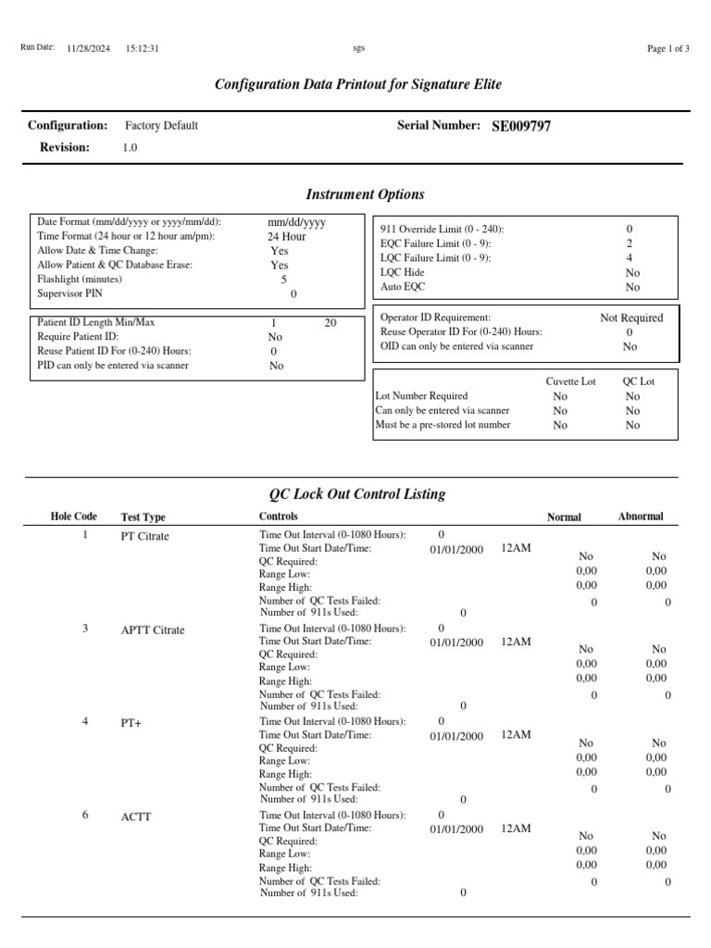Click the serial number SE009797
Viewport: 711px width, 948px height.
[521, 126]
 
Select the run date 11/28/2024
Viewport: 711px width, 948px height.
[89, 48]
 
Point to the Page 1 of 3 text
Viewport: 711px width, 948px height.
[667, 48]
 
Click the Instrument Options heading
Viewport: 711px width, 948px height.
[365, 194]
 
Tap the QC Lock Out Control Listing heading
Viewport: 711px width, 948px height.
[356, 494]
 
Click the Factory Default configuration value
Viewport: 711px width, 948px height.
[161, 126]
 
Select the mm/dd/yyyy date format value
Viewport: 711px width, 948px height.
[296, 222]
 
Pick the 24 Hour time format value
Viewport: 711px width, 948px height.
[286, 237]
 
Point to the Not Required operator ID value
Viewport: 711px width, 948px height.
[631, 318]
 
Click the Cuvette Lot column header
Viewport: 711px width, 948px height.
[570, 380]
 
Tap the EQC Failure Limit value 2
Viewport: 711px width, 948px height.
[630, 243]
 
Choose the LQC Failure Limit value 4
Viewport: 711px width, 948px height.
[630, 258]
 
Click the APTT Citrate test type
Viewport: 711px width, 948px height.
[153, 630]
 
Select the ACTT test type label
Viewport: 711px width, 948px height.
[135, 817]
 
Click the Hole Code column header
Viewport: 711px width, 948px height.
[73, 517]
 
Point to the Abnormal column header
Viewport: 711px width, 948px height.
[641, 517]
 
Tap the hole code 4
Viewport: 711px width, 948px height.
[85, 721]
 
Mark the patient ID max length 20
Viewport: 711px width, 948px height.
[331, 323]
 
